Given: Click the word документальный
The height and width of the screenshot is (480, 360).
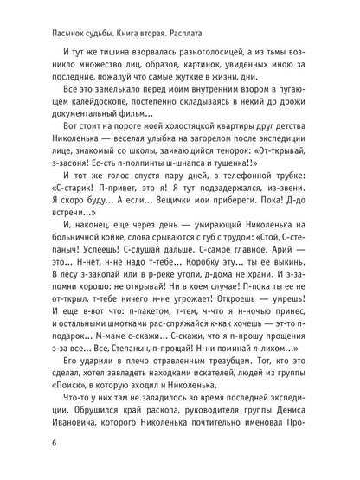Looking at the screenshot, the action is point(77,125).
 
